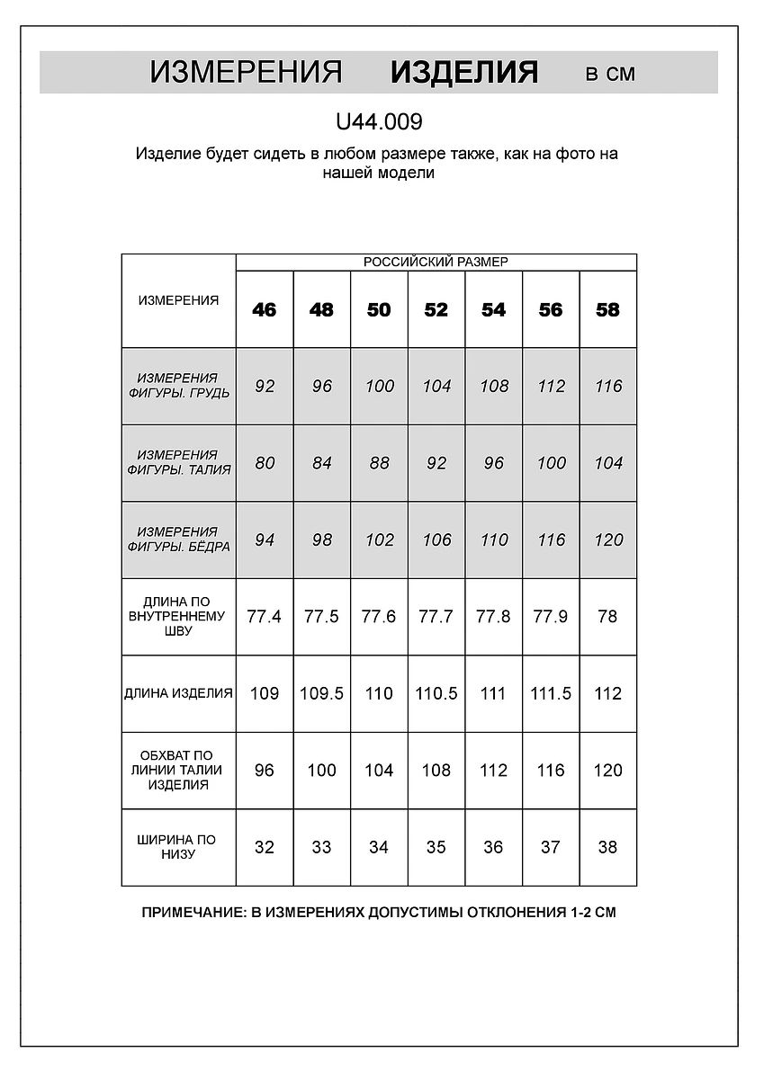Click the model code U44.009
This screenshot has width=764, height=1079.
click(x=378, y=121)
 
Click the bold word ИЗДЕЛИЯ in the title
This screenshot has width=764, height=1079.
click(x=464, y=73)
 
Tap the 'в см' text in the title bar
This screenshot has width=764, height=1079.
click(x=610, y=74)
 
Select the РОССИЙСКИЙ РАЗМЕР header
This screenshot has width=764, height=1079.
click(x=436, y=262)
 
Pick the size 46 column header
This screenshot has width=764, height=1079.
click(x=265, y=309)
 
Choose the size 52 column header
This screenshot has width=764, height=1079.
click(x=436, y=309)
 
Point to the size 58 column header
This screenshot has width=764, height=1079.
click(x=608, y=309)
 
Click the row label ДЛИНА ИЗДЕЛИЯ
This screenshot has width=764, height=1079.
click(x=178, y=693)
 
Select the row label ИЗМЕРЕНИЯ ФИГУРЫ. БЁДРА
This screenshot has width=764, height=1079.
click(x=178, y=539)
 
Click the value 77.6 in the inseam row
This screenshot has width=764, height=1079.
click(x=379, y=617)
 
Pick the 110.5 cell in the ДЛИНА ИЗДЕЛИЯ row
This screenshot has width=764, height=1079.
click(x=436, y=693)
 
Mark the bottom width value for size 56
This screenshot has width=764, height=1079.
click(x=551, y=847)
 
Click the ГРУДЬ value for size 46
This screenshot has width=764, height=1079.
click(x=265, y=386)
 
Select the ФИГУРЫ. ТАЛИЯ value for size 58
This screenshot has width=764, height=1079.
click(x=608, y=463)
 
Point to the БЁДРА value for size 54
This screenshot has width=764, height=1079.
click(x=493, y=539)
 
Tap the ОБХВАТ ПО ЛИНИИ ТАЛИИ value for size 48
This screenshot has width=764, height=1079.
click(x=321, y=771)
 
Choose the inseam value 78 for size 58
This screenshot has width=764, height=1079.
click(x=608, y=617)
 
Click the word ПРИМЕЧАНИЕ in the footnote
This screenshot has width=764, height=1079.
click(x=191, y=912)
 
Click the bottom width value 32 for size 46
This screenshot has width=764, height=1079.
click(x=265, y=847)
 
